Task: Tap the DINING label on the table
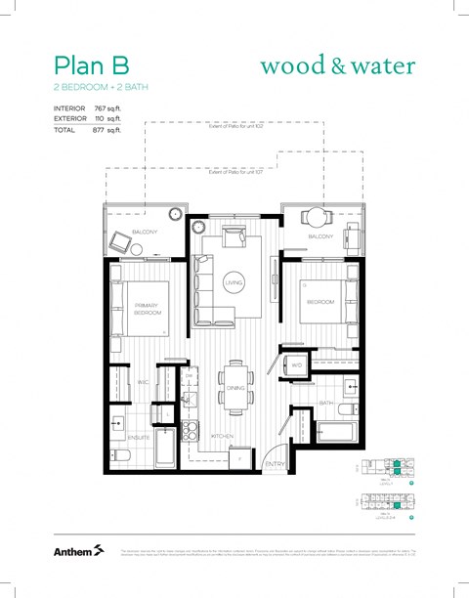tap(234, 388)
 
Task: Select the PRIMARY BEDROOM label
tap(148, 310)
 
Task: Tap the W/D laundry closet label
tap(296, 365)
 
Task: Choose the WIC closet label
tap(143, 381)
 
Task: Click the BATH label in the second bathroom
tap(325, 402)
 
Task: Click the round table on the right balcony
tap(313, 217)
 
